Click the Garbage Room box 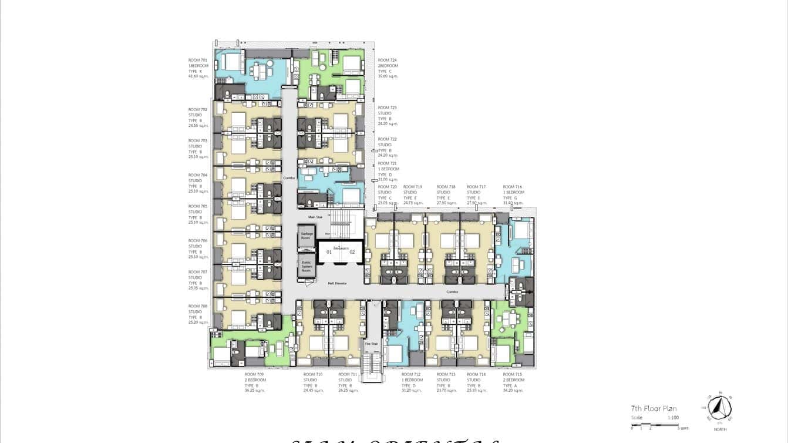[306, 236]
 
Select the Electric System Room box [306, 266]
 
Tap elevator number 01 [329, 252]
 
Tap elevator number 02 [352, 252]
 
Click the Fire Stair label [372, 343]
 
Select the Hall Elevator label [337, 284]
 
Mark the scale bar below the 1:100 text [655, 424]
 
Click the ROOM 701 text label [197, 61]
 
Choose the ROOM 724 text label [387, 61]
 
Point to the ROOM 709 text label [254, 374]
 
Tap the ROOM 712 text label [411, 374]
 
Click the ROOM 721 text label [387, 163]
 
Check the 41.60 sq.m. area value [198, 76]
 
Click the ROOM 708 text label [197, 306]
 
